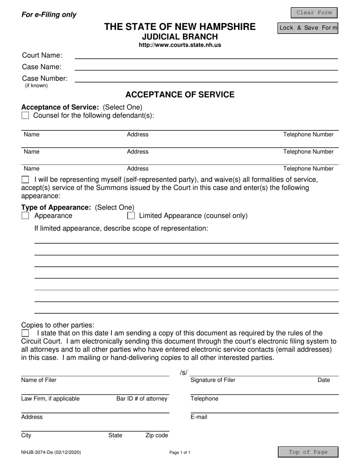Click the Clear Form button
tap(314, 13)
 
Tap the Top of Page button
tap(308, 452)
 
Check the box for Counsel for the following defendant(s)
tap(25, 116)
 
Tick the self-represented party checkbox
tap(25, 179)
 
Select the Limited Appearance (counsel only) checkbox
tap(131, 216)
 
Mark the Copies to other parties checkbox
tap(25, 333)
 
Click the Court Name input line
tap(206, 55)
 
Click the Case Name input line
tap(206, 67)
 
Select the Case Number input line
tap(206, 79)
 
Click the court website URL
tap(180, 45)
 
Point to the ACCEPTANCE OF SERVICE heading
tap(180, 95)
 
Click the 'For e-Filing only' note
tap(49, 15)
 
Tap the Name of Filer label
tap(39, 380)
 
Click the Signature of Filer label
tap(213, 380)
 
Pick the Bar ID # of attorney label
tap(142, 399)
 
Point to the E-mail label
tap(199, 417)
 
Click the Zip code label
tap(157, 436)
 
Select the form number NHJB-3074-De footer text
tap(51, 452)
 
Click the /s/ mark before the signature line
tap(184, 373)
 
